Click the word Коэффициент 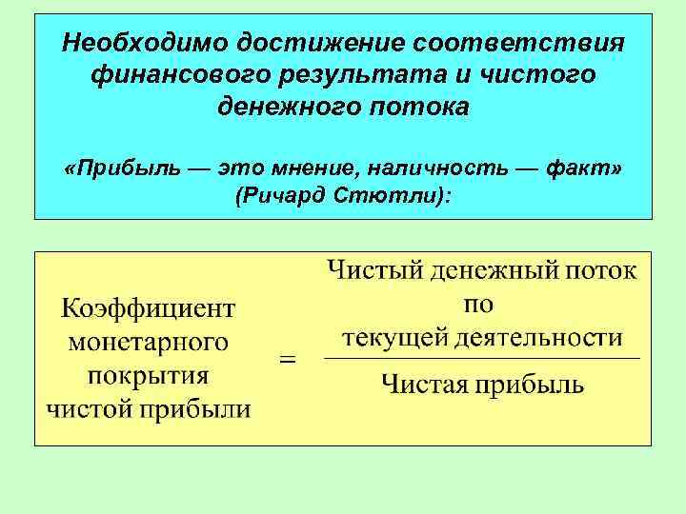[x=149, y=308]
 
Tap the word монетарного [x=149, y=343]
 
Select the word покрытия [x=149, y=376]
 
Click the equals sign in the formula [x=286, y=361]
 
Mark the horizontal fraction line [x=482, y=359]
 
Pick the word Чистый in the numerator [x=374, y=270]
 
